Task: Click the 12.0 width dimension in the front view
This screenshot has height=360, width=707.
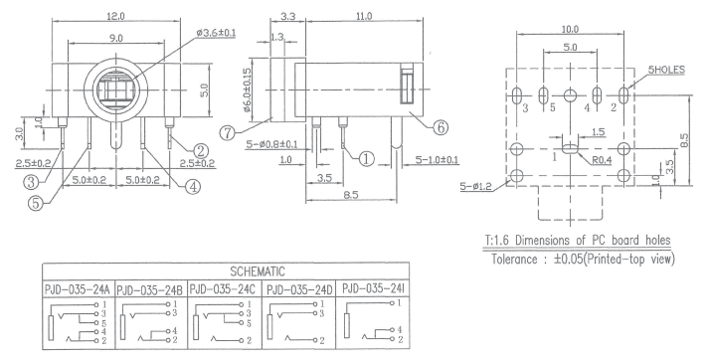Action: [116, 16]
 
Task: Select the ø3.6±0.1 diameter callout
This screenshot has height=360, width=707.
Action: [216, 33]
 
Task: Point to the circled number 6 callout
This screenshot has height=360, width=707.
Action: [441, 127]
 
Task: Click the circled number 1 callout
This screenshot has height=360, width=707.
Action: [367, 158]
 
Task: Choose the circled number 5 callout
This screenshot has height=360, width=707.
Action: [36, 203]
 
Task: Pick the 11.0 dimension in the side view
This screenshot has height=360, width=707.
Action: [364, 16]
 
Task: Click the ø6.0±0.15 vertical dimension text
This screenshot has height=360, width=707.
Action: [247, 90]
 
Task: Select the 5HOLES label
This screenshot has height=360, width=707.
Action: [666, 70]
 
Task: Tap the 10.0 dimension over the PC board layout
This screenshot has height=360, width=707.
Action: [570, 29]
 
